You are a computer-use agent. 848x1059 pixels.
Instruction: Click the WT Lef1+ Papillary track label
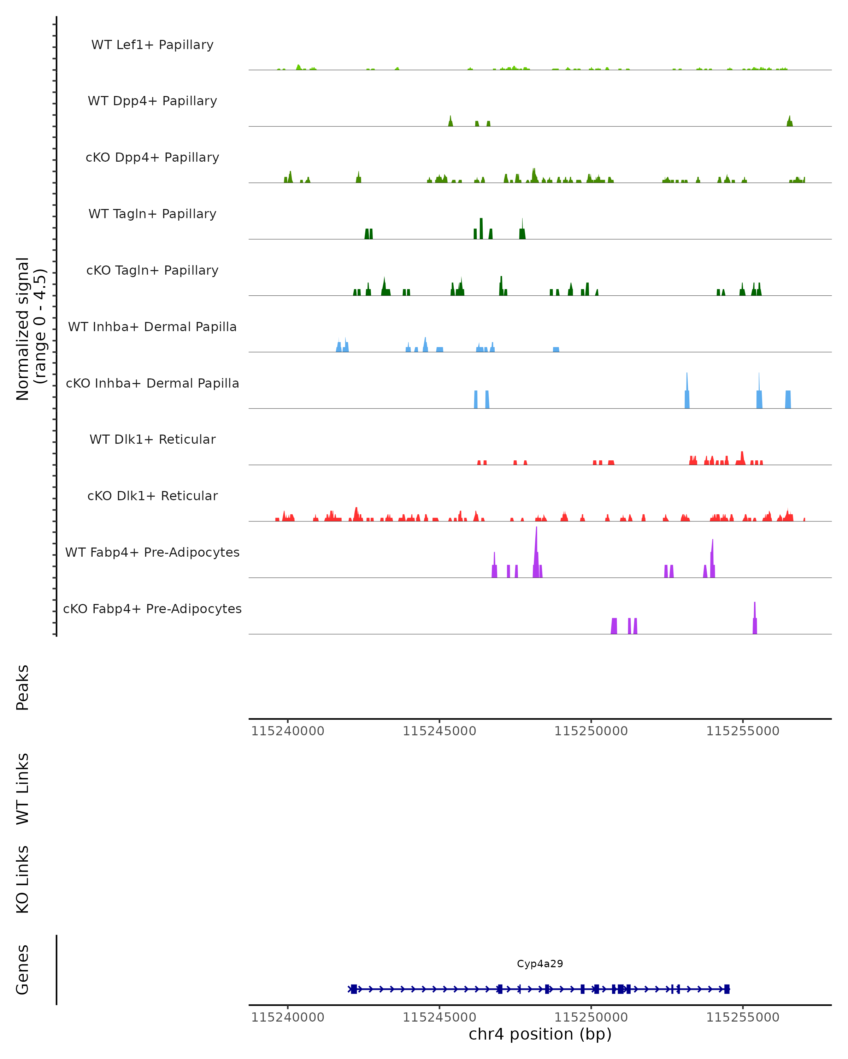(152, 45)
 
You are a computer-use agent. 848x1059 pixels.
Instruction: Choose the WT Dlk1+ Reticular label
(152, 439)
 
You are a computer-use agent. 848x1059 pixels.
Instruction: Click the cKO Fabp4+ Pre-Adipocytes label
(152, 609)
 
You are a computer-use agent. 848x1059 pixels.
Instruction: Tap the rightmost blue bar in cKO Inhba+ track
(788, 399)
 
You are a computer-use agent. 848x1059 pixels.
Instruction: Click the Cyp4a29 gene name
(540, 964)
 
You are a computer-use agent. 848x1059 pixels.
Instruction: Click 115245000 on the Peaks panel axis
(440, 731)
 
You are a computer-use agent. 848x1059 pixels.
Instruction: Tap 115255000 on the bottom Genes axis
(742, 1017)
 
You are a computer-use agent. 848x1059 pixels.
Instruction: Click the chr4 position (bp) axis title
(540, 1034)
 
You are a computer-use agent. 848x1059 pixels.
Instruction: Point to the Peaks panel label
(23, 687)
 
